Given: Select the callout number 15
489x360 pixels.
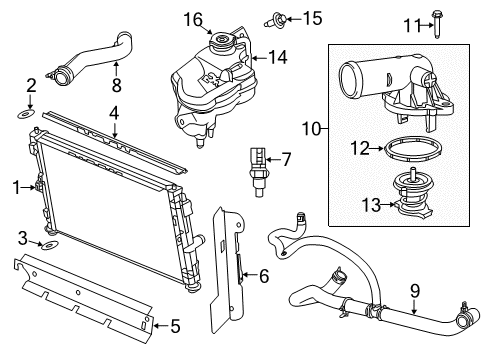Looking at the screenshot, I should coord(285,17).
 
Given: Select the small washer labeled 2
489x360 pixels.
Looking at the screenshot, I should coord(31,114).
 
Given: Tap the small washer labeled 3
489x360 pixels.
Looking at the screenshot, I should coord(47,244).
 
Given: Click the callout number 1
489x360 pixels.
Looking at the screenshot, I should coord(14,185).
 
